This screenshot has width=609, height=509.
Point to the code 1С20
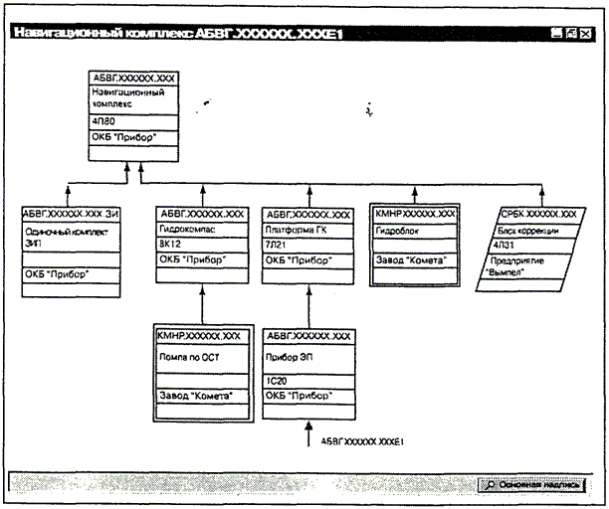coord(276,380)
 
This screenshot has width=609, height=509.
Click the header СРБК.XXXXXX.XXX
coord(537,214)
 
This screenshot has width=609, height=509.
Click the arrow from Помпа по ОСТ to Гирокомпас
coord(201,304)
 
